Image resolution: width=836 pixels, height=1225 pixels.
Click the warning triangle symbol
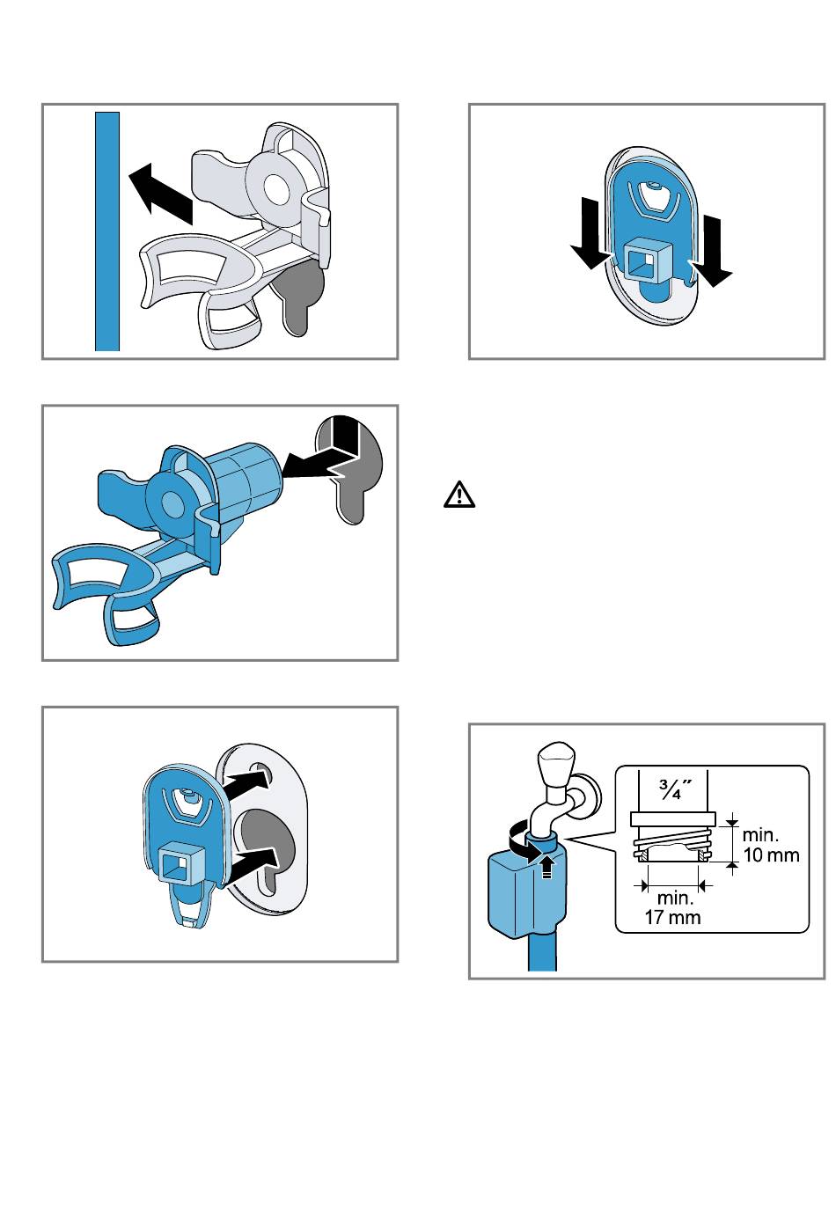pyautogui.click(x=459, y=495)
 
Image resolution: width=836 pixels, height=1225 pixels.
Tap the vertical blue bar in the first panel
pyautogui.click(x=107, y=231)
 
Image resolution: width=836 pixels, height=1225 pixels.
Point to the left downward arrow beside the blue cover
pyautogui.click(x=590, y=242)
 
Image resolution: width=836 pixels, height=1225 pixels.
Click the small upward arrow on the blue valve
pyautogui.click(x=547, y=867)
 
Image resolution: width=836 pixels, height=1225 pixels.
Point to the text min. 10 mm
pyautogui.click(x=771, y=845)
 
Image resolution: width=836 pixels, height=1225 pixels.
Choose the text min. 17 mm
pyautogui.click(x=674, y=907)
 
